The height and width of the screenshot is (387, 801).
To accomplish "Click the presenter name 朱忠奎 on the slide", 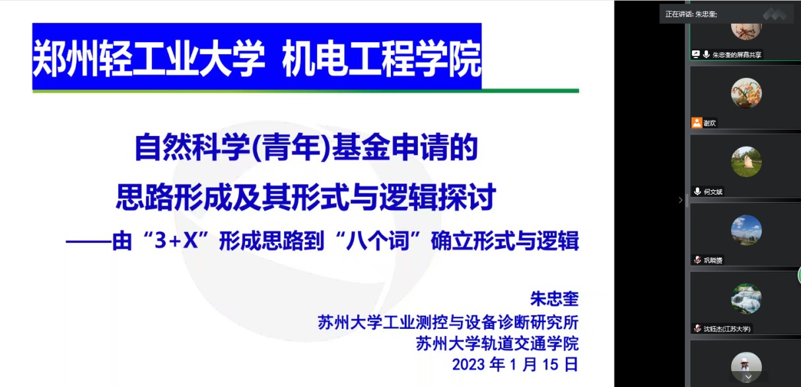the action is [x=554, y=299].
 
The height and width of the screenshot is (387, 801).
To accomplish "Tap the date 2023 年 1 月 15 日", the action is [x=515, y=365].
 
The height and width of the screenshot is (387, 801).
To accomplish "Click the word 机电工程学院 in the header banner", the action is [x=382, y=59].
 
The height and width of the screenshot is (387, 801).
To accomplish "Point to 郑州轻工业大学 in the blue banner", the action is [x=149, y=59].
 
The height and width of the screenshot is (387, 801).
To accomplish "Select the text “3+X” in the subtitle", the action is [x=175, y=240].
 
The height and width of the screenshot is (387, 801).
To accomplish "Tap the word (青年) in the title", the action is [x=291, y=147].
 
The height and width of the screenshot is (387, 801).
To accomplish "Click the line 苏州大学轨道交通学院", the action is [x=497, y=343].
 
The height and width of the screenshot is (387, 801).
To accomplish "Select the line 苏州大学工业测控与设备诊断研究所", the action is [x=448, y=322].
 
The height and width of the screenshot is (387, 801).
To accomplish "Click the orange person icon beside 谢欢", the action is [x=697, y=123].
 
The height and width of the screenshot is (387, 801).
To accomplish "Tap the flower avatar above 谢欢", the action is [x=746, y=93].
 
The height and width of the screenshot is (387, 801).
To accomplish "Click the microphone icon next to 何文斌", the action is [x=697, y=192].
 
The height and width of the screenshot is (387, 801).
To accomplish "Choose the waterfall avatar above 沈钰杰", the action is [x=746, y=299].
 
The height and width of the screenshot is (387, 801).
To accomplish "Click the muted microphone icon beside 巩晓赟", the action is [x=697, y=260].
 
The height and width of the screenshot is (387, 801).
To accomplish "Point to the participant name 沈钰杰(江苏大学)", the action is [x=727, y=329].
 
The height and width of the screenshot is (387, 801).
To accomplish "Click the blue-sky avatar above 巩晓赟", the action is [x=746, y=230].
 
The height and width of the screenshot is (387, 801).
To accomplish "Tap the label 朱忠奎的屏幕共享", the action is [x=737, y=55].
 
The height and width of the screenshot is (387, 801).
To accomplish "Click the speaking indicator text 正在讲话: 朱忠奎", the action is [x=691, y=15].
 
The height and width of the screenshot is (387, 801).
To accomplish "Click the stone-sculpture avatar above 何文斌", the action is [x=746, y=162].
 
